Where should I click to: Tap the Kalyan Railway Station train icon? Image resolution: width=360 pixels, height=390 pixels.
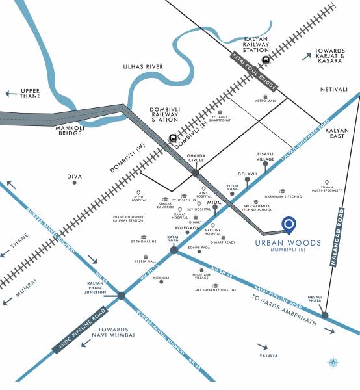(265, 60)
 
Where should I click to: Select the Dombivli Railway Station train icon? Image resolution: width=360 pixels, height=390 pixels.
(173, 138)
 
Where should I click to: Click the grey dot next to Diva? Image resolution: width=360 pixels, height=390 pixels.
(75, 183)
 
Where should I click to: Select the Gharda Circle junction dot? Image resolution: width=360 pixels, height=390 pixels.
(195, 173)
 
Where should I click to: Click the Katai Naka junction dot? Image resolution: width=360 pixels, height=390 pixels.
(174, 250)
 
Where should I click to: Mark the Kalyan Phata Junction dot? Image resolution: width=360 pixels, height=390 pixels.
(122, 296)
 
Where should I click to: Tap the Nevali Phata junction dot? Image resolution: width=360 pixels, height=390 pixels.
(325, 315)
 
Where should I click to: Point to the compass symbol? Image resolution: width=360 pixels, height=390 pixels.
(333, 362)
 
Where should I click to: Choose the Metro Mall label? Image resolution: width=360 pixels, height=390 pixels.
(265, 101)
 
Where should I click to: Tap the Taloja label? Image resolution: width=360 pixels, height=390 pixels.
(268, 356)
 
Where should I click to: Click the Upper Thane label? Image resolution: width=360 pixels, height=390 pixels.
(31, 94)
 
